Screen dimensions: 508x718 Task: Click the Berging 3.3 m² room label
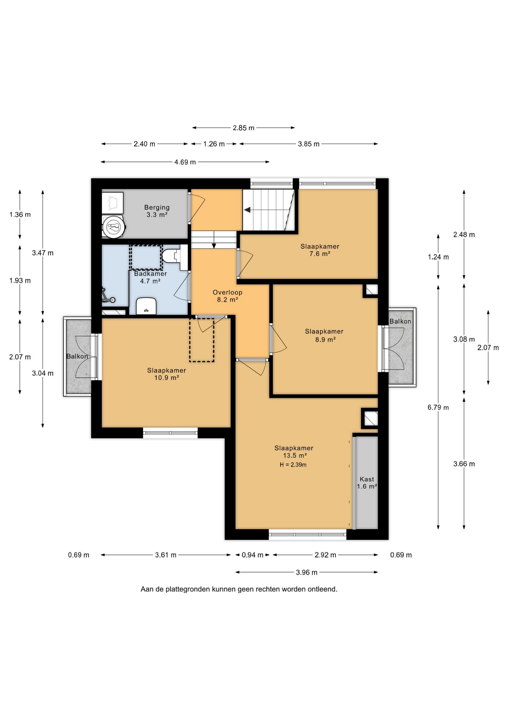(x=157, y=211)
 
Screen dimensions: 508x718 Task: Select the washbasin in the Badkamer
(x=146, y=306)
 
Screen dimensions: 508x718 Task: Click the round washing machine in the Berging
(x=114, y=227)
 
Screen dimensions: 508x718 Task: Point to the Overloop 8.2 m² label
(x=227, y=296)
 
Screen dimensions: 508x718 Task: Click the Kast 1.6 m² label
(x=367, y=483)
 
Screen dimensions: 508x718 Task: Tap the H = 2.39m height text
(x=293, y=465)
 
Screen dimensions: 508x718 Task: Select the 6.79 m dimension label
(x=438, y=408)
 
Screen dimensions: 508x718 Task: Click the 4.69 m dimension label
(x=185, y=162)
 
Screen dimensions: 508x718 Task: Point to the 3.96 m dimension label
(x=307, y=572)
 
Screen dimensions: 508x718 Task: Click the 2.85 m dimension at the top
(x=244, y=128)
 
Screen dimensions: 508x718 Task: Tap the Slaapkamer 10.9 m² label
(x=166, y=374)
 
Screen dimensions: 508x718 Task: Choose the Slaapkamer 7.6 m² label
(x=320, y=250)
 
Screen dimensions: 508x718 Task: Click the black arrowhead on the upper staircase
(x=247, y=210)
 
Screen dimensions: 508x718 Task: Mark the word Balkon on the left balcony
(x=77, y=356)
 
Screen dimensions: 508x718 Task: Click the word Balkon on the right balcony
(x=400, y=321)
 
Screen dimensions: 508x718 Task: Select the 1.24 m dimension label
(x=438, y=257)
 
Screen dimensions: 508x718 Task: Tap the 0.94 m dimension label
(x=253, y=555)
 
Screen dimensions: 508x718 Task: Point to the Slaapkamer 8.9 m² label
(x=324, y=335)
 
